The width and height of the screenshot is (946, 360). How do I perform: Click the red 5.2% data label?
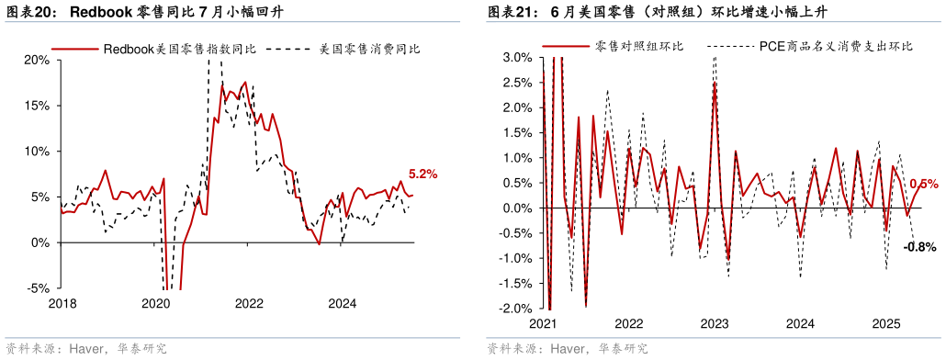[x=422, y=174]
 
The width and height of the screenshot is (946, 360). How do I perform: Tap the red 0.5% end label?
[x=923, y=184]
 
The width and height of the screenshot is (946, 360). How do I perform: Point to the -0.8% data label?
[x=919, y=247]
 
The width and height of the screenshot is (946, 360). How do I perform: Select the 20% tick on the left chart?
[x=37, y=60]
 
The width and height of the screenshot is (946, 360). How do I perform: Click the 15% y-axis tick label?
[x=37, y=106]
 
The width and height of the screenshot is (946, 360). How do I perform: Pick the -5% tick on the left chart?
[x=39, y=288]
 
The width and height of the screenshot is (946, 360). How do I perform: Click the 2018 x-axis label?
[x=62, y=304]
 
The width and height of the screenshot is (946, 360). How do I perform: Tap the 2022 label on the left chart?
[x=249, y=304]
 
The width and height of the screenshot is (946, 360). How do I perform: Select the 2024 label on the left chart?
[x=343, y=304]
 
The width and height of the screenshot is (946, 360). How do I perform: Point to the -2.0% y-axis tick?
[x=516, y=309]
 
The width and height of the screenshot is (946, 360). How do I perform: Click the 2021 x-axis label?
[x=543, y=323]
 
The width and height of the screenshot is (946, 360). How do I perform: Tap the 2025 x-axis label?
[x=886, y=323]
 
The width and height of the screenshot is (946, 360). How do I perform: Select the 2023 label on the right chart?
[x=715, y=323]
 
